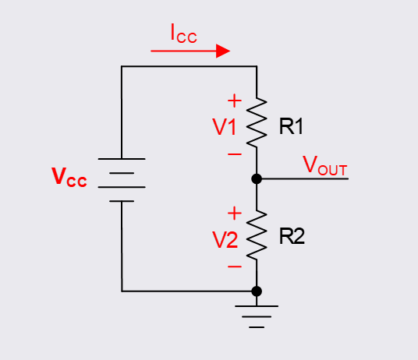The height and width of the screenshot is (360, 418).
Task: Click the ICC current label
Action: pos(183,34)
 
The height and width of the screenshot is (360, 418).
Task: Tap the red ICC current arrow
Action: pos(190,51)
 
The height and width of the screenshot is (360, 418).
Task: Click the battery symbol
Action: pos(122,179)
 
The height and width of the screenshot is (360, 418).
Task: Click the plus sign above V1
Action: pos(233,101)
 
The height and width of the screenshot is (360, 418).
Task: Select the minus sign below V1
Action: pos(233,154)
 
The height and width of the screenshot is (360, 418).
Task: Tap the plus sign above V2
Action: pos(233,212)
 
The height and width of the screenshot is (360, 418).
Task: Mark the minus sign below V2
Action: pos(233,266)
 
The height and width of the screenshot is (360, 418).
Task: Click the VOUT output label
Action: pos(324,165)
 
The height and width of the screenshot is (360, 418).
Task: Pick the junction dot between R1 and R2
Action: pos(257,178)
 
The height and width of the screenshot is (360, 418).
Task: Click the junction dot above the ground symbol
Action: pos(257,291)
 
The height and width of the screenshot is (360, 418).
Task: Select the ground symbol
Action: pos(257,314)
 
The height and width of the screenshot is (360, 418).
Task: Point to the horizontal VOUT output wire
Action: pos(304,178)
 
